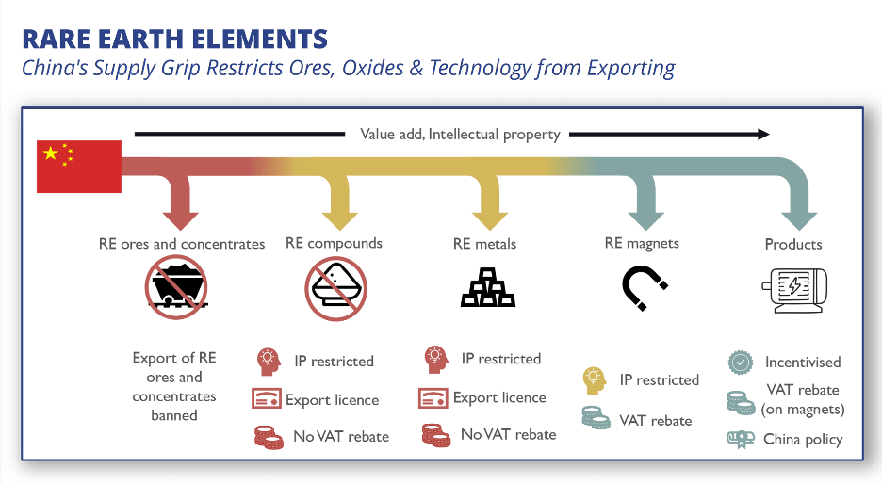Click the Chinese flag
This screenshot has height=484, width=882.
click(x=79, y=167)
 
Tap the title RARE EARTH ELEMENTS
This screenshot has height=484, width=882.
click(x=174, y=40)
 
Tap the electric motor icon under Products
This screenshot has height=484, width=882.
click(x=793, y=287)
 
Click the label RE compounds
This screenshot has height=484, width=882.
click(x=334, y=243)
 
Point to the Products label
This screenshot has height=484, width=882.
click(x=793, y=244)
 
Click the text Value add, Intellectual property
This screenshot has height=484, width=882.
click(x=460, y=134)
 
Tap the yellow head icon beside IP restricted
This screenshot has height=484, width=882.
click(x=595, y=380)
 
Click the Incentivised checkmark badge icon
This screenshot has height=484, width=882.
click(x=741, y=362)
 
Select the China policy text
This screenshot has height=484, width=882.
click(x=803, y=439)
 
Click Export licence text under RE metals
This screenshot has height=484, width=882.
click(x=499, y=397)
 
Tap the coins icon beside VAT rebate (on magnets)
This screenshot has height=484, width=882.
click(x=741, y=399)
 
